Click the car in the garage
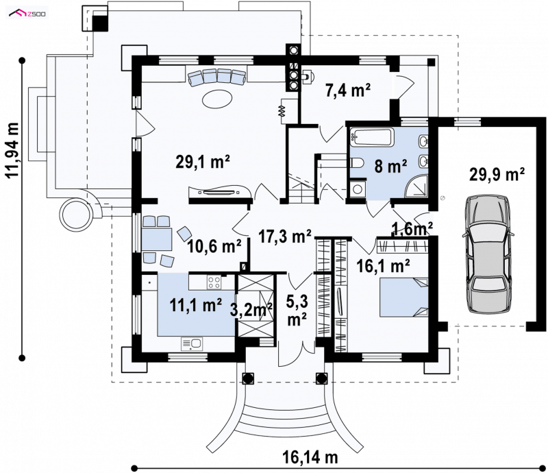[488, 255]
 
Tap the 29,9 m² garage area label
[497, 175]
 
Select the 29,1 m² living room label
[203, 162]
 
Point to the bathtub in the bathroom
[372, 137]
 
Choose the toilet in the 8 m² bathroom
[357, 163]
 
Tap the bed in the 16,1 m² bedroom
[403, 298]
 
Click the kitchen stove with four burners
[214, 282]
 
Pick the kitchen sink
[192, 343]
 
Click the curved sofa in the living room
[217, 77]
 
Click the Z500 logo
[27, 14]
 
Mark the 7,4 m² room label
[348, 90]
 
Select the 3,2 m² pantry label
[251, 309]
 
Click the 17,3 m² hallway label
[285, 236]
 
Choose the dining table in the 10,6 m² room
[157, 239]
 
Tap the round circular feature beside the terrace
[77, 214]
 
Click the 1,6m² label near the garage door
[413, 229]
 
